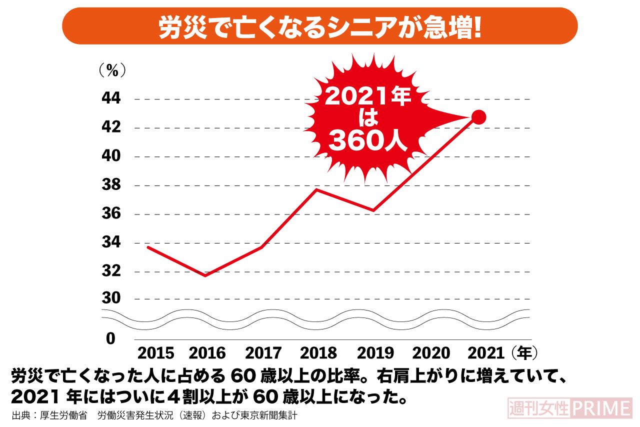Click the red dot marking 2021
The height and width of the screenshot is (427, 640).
point(478,117)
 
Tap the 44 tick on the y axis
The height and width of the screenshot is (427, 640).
point(110,99)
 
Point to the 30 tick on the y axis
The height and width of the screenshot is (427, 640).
point(110,298)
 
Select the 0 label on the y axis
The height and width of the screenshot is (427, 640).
point(110,338)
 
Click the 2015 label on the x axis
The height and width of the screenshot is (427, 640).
point(155,353)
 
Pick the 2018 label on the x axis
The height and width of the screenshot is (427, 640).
point(318,353)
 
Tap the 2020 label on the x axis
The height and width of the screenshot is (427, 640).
point(430,353)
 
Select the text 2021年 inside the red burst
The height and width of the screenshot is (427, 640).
point(368,96)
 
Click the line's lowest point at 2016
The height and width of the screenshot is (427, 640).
point(205,275)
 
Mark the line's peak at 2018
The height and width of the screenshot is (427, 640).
point(317,189)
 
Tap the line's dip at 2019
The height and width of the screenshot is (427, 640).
point(373,210)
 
